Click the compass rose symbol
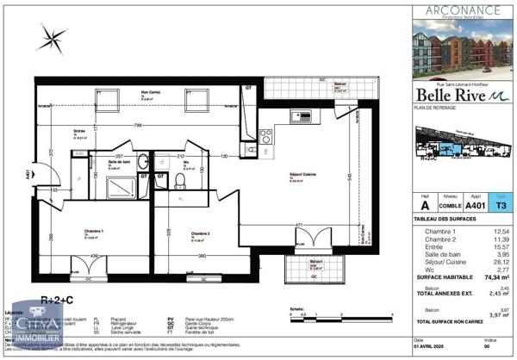point(53,38)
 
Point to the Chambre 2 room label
point(201,233)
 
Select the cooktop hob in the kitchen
point(267,135)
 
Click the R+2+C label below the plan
point(58,299)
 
